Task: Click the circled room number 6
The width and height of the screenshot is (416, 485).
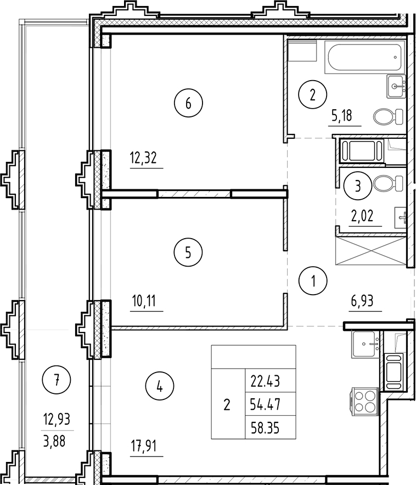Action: click(188, 103)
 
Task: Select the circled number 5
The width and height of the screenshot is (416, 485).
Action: click(188, 253)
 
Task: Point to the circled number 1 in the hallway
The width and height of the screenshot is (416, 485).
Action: click(313, 283)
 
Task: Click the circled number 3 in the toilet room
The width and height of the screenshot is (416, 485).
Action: click(357, 186)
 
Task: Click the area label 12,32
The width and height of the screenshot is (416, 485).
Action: click(143, 159)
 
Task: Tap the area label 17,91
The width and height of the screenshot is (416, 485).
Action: click(143, 446)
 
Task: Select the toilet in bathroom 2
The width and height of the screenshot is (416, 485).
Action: click(383, 116)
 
